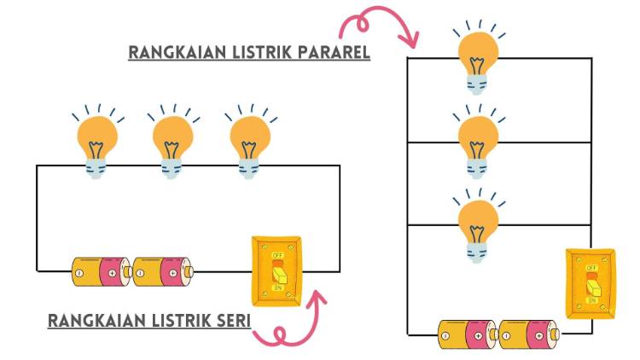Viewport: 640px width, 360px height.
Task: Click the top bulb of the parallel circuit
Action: coord(479,55)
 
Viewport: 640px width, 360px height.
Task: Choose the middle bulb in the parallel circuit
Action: coord(479,139)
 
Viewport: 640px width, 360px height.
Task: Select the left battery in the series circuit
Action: coord(101,272)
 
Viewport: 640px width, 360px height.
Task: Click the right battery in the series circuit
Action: coord(163,272)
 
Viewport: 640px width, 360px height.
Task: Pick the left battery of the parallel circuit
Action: coord(468,334)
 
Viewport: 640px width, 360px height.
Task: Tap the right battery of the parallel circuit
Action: coord(528,334)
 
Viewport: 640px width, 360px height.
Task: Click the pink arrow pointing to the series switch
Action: coord(291,323)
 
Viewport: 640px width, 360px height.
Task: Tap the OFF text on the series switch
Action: coord(277,254)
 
